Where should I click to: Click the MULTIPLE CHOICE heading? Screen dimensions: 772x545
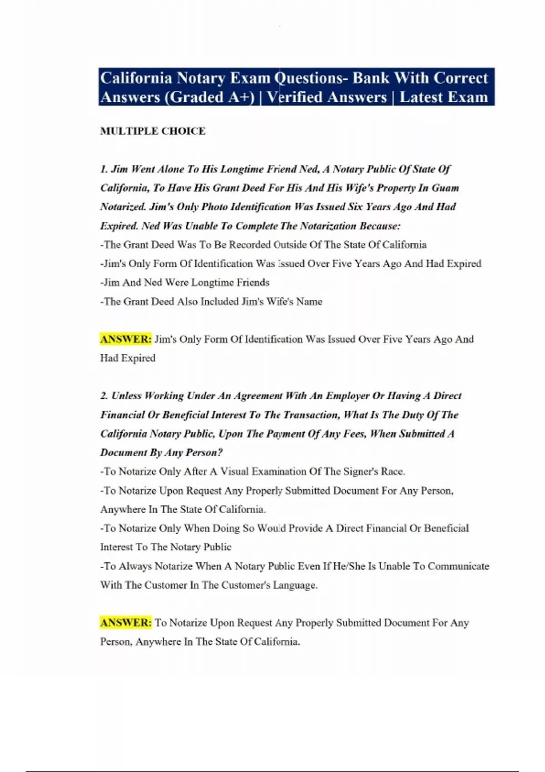[x=153, y=131]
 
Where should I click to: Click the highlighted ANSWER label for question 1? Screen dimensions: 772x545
[x=126, y=339]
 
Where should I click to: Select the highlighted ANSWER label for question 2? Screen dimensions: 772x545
[x=126, y=623]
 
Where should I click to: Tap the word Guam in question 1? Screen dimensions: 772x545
[x=445, y=188]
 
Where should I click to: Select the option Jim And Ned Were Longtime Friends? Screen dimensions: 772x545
[x=185, y=282]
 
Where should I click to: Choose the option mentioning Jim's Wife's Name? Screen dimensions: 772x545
[x=211, y=302]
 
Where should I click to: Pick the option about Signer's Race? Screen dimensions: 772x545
[x=253, y=471]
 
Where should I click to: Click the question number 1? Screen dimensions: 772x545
[x=104, y=169]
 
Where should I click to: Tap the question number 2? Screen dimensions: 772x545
[x=104, y=396]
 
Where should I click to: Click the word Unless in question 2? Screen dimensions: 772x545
[x=127, y=396]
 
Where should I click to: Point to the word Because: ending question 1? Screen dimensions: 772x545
[x=380, y=226]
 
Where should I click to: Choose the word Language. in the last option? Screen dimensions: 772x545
[x=295, y=585]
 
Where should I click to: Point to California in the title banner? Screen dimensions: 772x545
[x=136, y=78]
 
